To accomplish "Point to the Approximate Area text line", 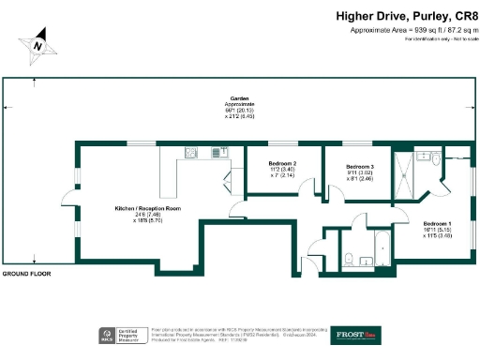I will coord(409,30).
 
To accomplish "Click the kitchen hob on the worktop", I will coord(190,153).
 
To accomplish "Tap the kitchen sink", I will coord(219,152).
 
